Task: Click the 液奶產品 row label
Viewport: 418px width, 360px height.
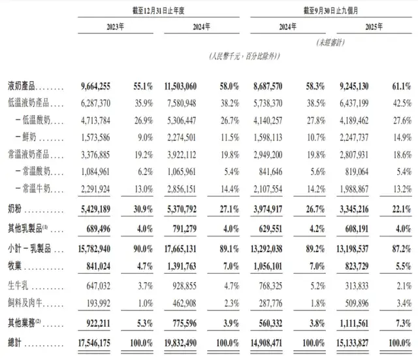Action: pos(22,86)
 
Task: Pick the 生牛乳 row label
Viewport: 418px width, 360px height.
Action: pos(19,286)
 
